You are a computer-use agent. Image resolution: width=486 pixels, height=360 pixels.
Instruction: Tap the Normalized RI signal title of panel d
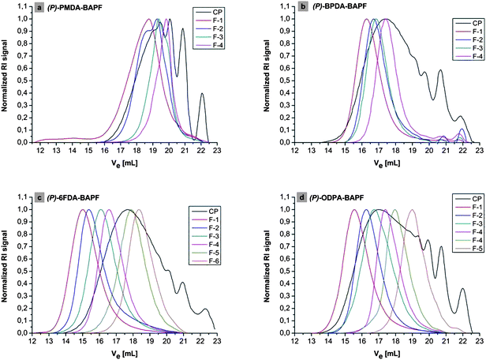click(256, 265)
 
